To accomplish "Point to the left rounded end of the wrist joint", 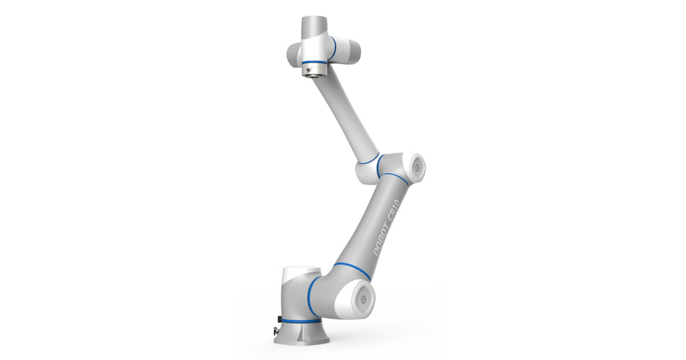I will click(x=292, y=53).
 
